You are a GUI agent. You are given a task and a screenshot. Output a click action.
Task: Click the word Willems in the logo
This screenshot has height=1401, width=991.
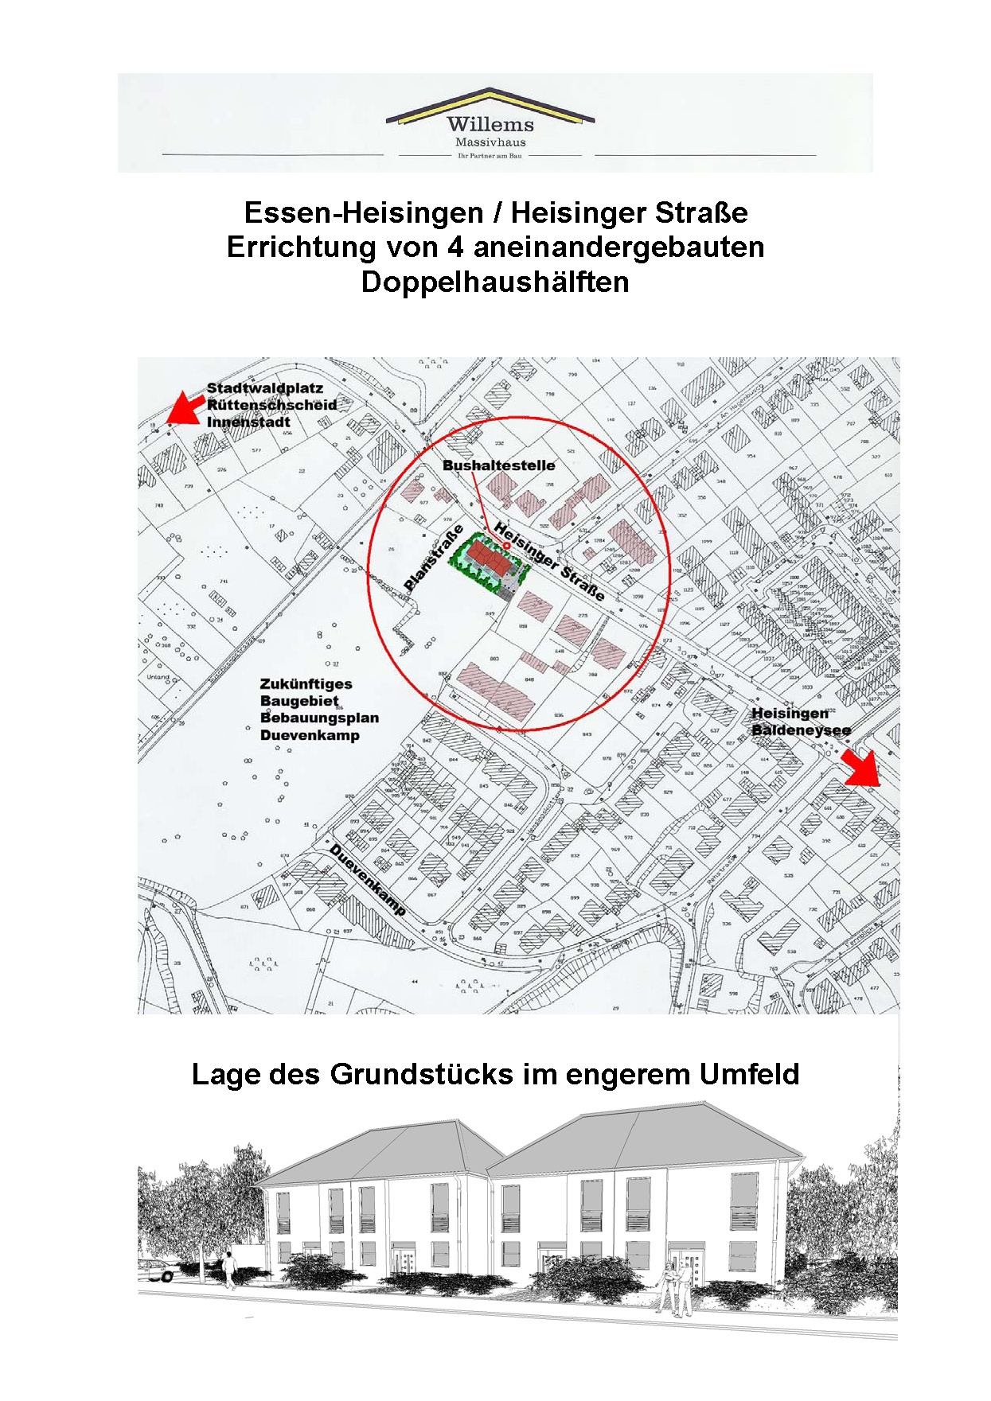(x=490, y=124)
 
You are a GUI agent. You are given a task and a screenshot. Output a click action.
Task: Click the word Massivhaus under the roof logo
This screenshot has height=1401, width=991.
(x=490, y=142)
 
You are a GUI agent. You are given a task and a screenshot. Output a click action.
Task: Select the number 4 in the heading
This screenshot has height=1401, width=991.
(x=455, y=247)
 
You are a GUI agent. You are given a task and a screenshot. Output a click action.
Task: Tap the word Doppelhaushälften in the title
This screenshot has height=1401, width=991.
(x=495, y=282)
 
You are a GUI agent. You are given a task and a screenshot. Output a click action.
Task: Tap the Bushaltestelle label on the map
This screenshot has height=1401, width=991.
(x=498, y=465)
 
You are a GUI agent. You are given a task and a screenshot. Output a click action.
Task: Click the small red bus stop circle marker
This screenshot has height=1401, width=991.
(x=507, y=546)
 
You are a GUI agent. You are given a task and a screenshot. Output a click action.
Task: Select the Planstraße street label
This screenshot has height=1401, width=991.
(x=434, y=558)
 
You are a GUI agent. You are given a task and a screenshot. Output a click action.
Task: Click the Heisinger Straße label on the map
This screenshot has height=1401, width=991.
(x=548, y=561)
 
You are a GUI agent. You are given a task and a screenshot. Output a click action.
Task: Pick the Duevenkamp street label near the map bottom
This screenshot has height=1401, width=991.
(x=368, y=880)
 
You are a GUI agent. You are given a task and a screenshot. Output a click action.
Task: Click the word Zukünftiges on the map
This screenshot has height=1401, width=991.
(x=306, y=684)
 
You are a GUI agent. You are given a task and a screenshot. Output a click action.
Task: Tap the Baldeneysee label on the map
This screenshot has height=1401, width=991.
(x=801, y=730)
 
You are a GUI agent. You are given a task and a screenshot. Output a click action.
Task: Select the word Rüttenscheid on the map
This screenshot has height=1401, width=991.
(x=271, y=405)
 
